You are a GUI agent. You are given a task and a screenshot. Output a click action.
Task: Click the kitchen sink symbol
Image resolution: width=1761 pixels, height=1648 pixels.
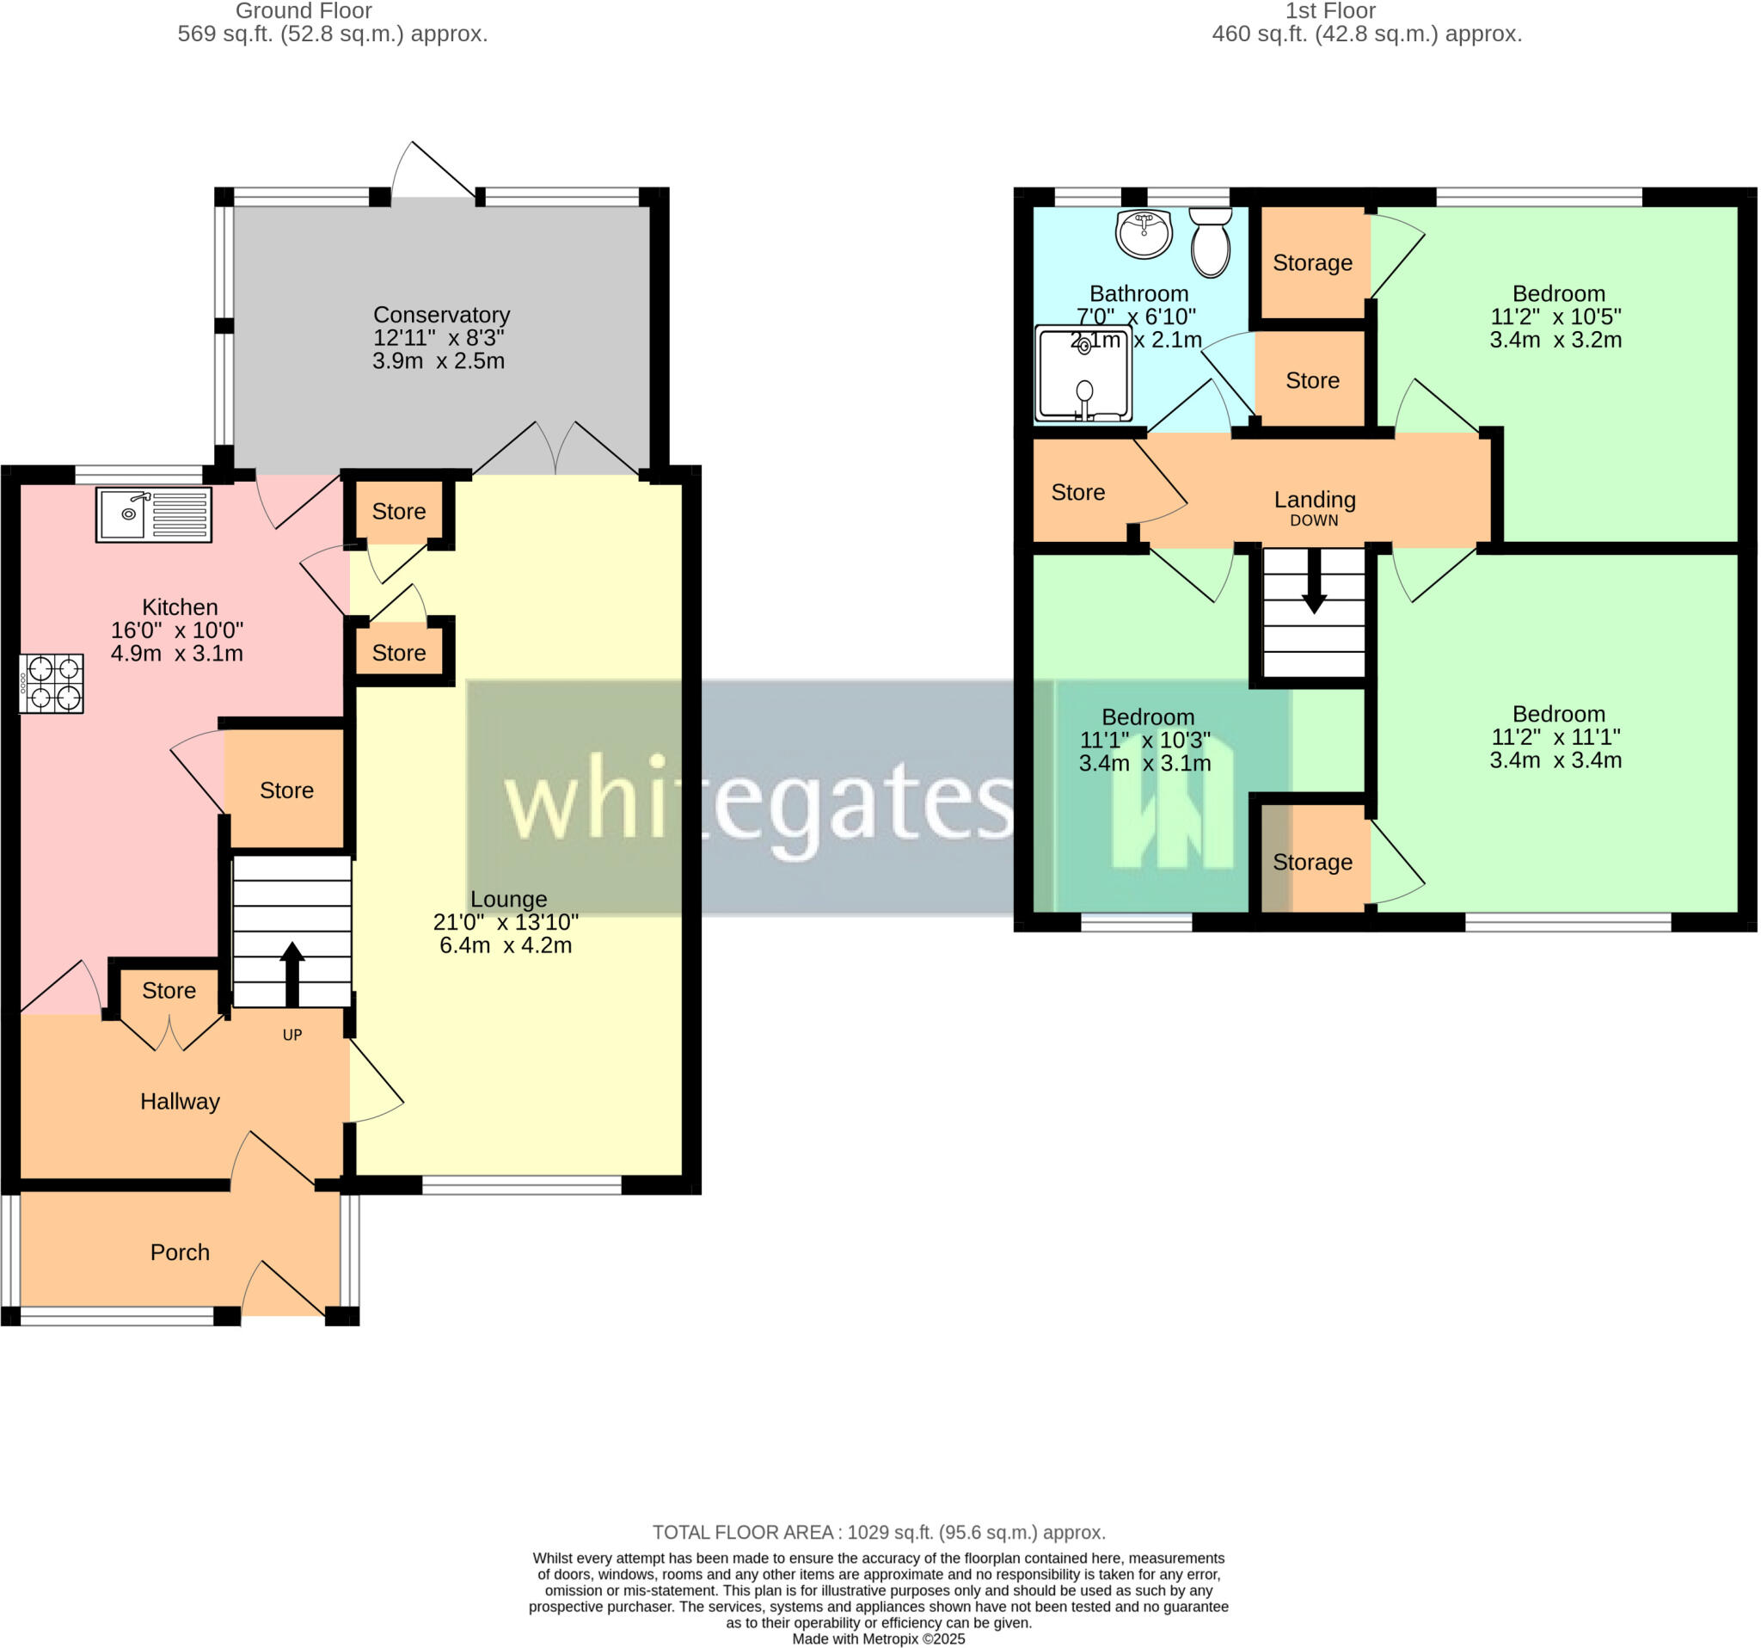[153, 514]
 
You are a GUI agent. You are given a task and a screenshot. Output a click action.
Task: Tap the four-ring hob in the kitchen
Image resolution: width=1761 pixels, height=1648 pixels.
[52, 683]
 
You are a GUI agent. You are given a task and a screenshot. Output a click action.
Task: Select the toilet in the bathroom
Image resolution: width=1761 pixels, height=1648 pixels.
[1210, 242]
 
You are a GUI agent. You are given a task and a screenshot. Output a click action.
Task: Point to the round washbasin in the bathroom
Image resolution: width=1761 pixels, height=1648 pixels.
[1144, 235]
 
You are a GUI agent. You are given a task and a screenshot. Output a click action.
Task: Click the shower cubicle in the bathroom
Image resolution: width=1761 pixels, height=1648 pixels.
[1083, 373]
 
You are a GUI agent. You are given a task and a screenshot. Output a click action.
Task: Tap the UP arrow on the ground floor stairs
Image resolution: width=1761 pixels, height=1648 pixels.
[292, 974]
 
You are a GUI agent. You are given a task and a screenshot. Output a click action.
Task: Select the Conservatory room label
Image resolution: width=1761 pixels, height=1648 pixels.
[441, 315]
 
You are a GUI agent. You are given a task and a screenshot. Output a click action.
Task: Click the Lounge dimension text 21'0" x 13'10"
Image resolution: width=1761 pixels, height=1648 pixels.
[505, 922]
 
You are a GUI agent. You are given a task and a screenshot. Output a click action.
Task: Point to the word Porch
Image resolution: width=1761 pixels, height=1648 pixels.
[180, 1252]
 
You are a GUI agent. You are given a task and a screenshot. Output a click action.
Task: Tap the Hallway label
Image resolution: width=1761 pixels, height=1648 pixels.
[180, 1101]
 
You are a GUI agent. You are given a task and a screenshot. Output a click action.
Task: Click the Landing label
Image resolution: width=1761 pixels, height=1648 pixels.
[1315, 500]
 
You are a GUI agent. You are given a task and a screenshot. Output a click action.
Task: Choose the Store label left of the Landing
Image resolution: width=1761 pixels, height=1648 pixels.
[1077, 493]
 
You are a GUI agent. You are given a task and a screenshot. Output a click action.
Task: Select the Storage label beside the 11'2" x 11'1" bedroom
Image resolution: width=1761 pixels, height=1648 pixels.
[1312, 862]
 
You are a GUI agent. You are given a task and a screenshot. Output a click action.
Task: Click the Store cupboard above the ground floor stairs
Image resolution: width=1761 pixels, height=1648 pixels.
[286, 790]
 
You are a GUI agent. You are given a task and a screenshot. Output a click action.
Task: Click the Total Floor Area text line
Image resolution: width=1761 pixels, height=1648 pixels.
[879, 1532]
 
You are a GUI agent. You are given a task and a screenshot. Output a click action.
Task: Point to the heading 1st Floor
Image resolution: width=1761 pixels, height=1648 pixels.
[1329, 11]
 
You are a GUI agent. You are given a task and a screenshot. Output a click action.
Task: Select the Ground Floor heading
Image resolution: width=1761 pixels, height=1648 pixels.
[303, 11]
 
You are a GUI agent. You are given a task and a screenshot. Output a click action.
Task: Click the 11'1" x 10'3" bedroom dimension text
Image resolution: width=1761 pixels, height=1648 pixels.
[1144, 740]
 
